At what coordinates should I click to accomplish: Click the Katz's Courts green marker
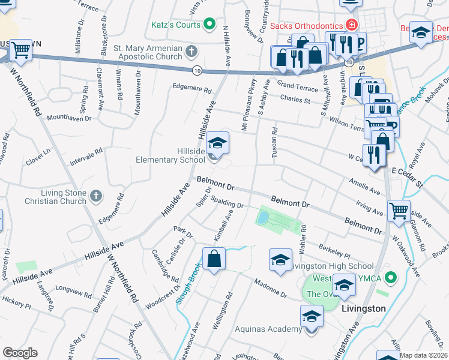point(209,24)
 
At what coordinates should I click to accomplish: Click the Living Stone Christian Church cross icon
point(96,195)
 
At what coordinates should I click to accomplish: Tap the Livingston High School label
point(331,266)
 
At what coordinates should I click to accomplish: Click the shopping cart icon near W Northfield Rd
point(21,50)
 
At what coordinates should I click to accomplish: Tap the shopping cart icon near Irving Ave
point(399,211)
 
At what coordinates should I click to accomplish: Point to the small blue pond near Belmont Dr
point(262,218)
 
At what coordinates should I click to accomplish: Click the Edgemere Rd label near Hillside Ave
point(193,91)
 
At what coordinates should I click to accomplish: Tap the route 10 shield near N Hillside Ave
point(197,71)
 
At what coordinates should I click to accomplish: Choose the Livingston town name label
point(363,308)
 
